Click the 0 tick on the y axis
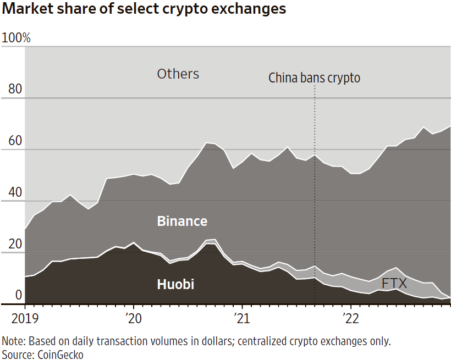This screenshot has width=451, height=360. (x=19, y=296)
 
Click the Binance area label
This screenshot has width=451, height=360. (x=182, y=221)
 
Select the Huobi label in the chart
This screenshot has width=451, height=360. (x=175, y=285)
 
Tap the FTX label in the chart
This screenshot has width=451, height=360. (x=394, y=284)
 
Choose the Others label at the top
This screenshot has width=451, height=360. (x=178, y=74)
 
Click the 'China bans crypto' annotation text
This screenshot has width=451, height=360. (x=314, y=78)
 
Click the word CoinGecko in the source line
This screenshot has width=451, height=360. (x=61, y=355)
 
